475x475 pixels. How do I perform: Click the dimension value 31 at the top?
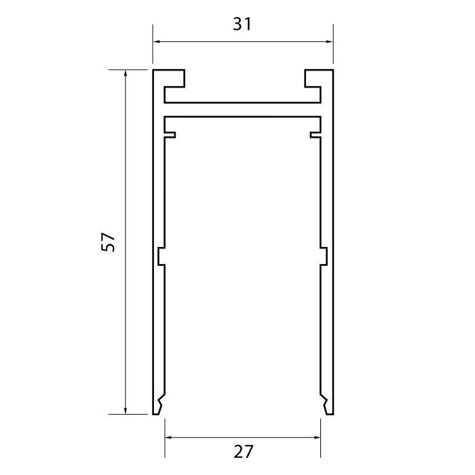click(x=242, y=24)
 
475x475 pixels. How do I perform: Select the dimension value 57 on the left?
click(x=109, y=242)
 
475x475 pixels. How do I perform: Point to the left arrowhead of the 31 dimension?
click(x=156, y=42)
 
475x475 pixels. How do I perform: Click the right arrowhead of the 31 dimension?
click(x=329, y=42)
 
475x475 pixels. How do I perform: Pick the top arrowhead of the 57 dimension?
click(x=126, y=73)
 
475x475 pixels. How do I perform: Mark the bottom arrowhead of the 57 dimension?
click(x=126, y=409)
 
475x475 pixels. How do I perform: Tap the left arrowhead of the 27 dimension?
click(x=170, y=438)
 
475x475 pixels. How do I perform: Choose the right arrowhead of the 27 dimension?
click(x=317, y=438)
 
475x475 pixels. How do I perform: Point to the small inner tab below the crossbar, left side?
click(x=171, y=134)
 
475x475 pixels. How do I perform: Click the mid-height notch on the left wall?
click(x=160, y=256)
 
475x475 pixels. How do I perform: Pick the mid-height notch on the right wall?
click(x=324, y=256)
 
